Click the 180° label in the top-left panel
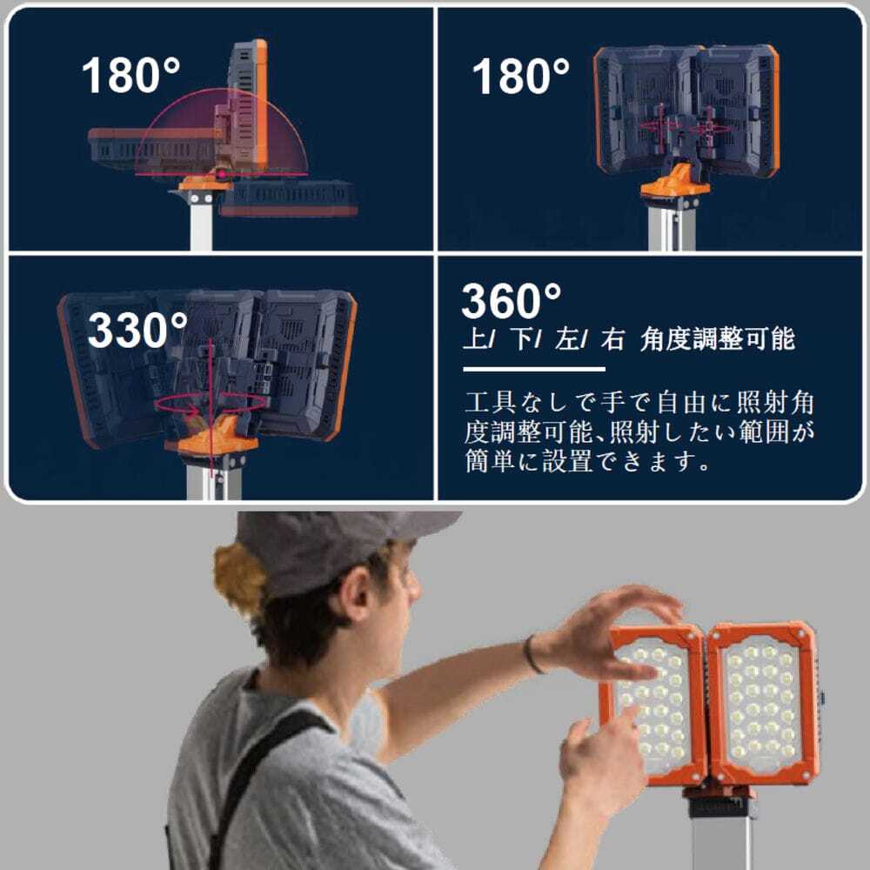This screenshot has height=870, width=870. click(131, 75)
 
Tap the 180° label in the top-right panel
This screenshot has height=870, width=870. click(521, 76)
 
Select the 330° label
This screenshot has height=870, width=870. click(137, 330)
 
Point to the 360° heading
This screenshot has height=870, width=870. click(512, 301)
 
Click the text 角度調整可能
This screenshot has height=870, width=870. click(718, 339)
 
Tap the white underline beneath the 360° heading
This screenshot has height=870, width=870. click(534, 369)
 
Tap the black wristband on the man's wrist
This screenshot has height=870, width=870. click(532, 655)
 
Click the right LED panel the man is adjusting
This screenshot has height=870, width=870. click(763, 704)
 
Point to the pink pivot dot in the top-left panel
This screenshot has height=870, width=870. click(221, 174)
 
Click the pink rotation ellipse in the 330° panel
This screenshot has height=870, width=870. click(211, 404)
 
